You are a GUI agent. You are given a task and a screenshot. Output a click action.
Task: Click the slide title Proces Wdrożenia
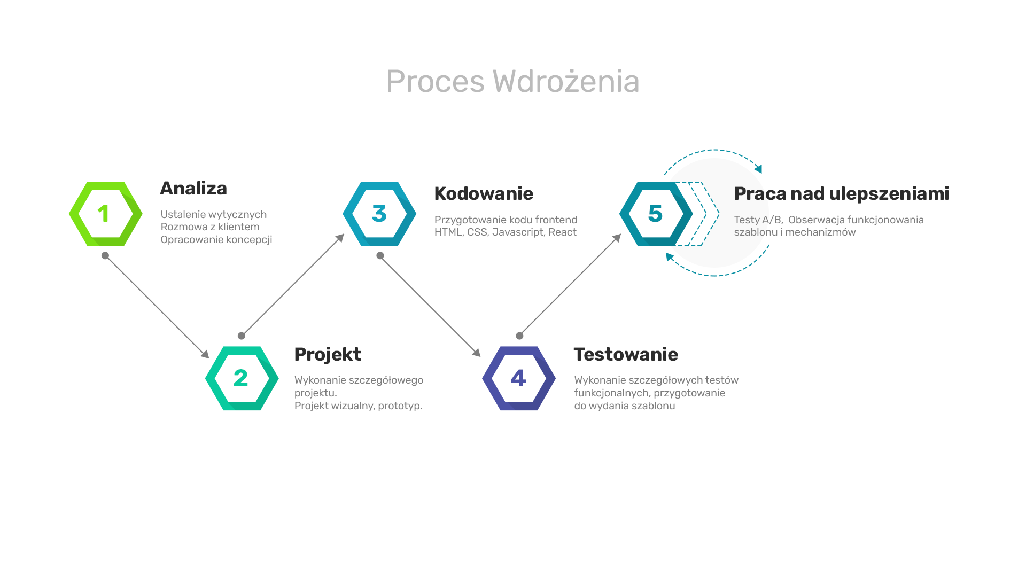(x=512, y=81)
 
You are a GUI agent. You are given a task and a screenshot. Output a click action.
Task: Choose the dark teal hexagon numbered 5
(x=632, y=214)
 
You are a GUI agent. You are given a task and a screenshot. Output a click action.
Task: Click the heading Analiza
(x=193, y=188)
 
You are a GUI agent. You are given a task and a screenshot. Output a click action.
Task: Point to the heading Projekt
(x=328, y=354)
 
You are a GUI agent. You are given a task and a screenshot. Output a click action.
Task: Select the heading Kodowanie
(x=484, y=193)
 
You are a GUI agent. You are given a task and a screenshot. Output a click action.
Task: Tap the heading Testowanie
(x=626, y=354)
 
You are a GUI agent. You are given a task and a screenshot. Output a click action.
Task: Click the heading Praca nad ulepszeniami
(x=842, y=193)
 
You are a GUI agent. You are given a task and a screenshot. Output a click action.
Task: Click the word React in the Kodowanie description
(x=563, y=232)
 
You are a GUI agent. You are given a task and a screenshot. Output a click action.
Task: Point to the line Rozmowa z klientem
(x=210, y=227)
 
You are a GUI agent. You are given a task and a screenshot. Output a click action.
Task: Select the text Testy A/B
(x=758, y=220)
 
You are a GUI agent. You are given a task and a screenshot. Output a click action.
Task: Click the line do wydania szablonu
(x=625, y=406)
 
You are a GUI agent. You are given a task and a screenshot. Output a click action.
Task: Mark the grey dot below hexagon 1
(x=105, y=255)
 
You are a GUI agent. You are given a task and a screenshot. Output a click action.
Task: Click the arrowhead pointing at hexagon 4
(x=477, y=353)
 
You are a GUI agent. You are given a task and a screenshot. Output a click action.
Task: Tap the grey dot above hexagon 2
(x=242, y=336)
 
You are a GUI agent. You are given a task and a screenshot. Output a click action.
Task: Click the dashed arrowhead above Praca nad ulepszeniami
(x=758, y=169)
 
